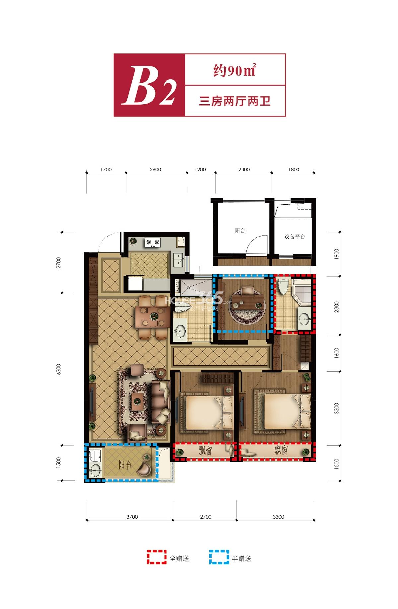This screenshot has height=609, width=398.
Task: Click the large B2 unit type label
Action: coord(149,85)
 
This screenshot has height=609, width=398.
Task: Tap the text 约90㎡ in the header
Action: coord(234,70)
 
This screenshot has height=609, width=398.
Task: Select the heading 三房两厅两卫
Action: coord(235,101)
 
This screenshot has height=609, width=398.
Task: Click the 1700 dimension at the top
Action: coord(106,169)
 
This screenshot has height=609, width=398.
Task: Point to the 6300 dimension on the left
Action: coord(59,369)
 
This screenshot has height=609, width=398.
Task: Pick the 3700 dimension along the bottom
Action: coord(132,517)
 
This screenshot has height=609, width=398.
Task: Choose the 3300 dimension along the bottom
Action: coord(279,517)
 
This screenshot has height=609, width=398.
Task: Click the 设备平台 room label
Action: coord(295,237)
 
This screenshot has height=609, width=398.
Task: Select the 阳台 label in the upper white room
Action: coord(240,230)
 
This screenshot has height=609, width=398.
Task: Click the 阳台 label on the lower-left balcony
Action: coord(125,465)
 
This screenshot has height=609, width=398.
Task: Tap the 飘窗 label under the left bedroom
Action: coord(206,451)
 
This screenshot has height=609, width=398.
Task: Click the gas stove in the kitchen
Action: coord(153,242)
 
